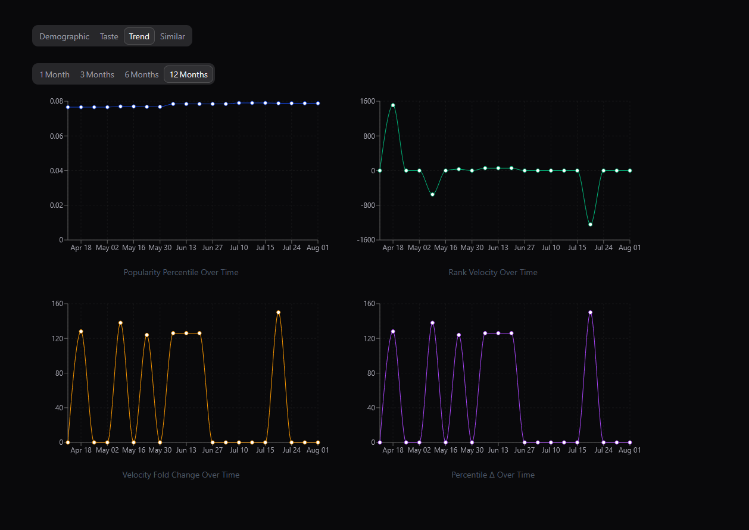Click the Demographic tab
coord(64,36)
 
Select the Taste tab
coord(109,36)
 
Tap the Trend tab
coord(139,36)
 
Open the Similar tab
coord(172,36)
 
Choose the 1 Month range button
coord(54,74)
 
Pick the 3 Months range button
coord(97,74)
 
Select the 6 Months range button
coord(142,74)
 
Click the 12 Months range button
coord(189,74)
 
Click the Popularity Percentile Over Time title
coord(181,272)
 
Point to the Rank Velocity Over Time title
coord(493,272)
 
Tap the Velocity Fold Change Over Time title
coord(181,475)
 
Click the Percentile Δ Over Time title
coord(493,475)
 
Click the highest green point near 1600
coord(393,105)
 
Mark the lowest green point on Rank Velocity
coord(590,225)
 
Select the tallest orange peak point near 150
coord(278,312)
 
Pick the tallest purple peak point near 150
coord(590,312)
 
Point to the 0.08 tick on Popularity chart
coord(57,101)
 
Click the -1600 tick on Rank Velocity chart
coord(366,240)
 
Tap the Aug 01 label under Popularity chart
coord(317,248)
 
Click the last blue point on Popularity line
coord(318,103)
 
